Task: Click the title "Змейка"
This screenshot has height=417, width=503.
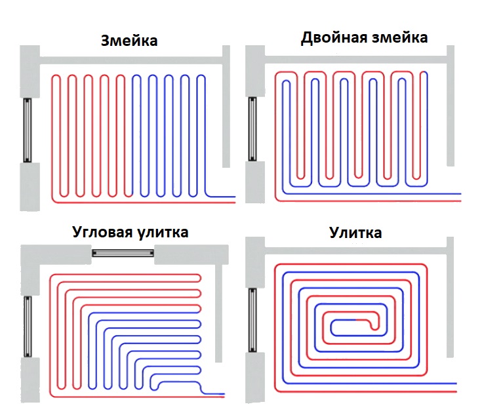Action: [129, 41]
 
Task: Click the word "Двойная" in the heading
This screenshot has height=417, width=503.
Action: [334, 38]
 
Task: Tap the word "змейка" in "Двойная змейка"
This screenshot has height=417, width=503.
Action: [400, 37]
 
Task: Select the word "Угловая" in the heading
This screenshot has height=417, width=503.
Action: [103, 231]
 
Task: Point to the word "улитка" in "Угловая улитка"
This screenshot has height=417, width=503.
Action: [163, 232]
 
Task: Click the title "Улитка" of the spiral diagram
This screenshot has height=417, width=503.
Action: [355, 233]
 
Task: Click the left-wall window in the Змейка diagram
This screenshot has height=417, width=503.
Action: [28, 130]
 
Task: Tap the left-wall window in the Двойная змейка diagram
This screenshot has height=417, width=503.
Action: [252, 129]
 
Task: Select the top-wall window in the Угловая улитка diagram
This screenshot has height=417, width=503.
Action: [123, 253]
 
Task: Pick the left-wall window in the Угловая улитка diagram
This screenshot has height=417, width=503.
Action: [28, 327]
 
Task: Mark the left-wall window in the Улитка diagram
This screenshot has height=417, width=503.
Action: [252, 320]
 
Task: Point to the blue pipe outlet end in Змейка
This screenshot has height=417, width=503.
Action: [235, 197]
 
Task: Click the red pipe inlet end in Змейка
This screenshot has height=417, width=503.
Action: [235, 203]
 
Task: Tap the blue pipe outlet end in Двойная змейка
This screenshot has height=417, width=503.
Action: [460, 193]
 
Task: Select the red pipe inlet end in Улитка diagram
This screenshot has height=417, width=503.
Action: [456, 391]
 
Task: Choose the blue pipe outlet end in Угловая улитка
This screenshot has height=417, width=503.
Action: [224, 393]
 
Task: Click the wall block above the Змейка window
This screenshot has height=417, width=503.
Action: [30, 71]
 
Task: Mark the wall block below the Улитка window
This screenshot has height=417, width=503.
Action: [255, 378]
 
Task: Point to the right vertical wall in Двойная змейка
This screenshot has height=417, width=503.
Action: [451, 106]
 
